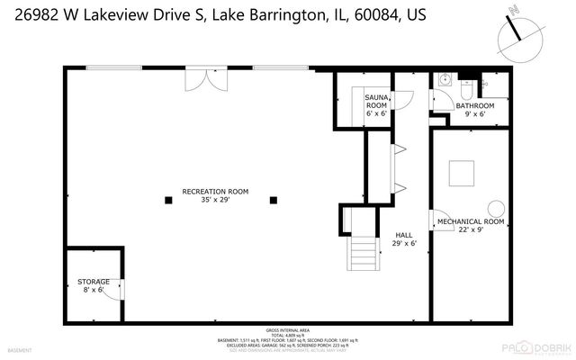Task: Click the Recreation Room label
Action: click(215, 196)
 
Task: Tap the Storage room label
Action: click(93, 286)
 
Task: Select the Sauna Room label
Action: click(376, 105)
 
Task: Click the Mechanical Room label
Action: click(470, 226)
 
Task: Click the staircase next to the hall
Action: click(363, 251)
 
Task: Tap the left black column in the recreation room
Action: click(167, 201)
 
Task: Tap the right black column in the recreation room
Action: click(274, 201)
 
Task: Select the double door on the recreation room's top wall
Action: click(199, 78)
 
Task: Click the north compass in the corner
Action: click(515, 32)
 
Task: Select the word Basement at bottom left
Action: click(19, 349)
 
